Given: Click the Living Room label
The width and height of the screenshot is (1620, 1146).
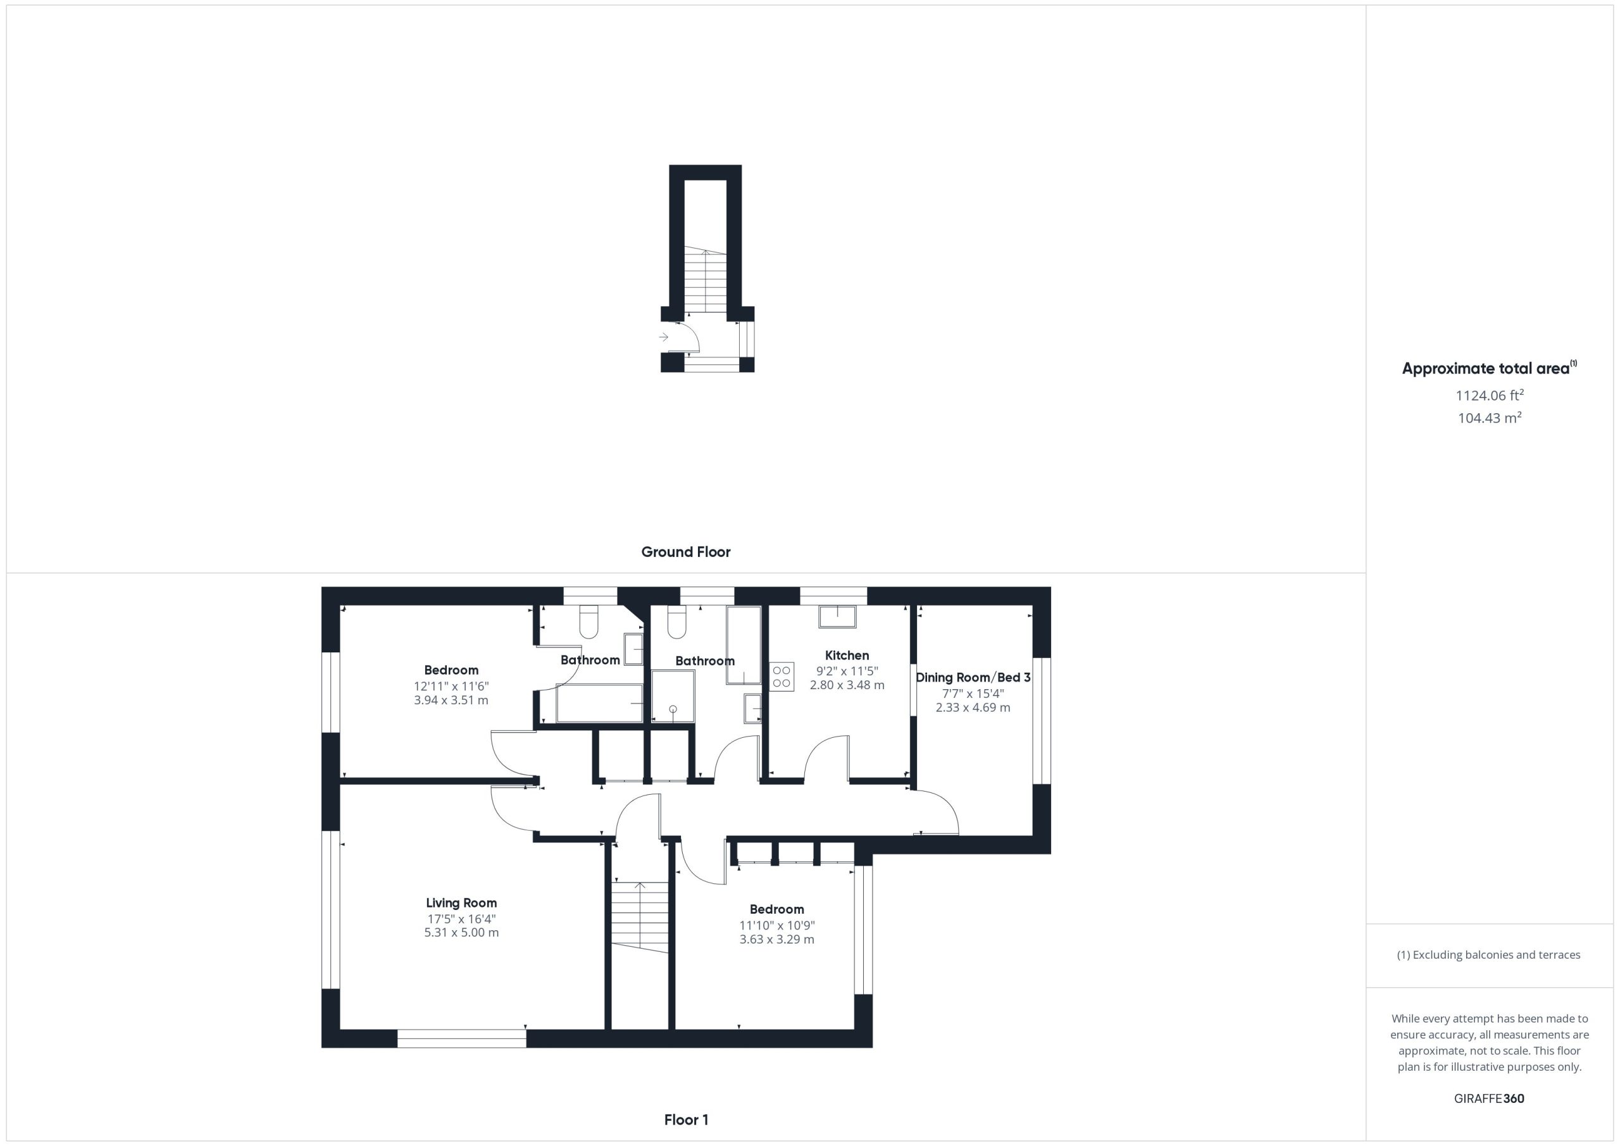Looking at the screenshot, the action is coord(461,902).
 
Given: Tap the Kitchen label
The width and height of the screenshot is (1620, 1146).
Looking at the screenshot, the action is coord(847,656).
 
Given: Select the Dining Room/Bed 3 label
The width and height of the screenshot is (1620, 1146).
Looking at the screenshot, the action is coord(973,678).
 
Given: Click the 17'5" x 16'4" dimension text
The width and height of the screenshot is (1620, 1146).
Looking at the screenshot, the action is coord(461,919).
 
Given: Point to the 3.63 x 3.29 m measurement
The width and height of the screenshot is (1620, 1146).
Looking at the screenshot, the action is coord(777,939).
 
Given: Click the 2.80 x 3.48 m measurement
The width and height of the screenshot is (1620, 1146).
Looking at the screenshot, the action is coord(847,685).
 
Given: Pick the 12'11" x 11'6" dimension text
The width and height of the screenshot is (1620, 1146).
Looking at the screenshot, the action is coord(451,686).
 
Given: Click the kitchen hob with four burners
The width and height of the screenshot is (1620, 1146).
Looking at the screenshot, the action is coord(781,676).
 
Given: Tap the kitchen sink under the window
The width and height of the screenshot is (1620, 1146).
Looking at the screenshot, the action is coord(837,617).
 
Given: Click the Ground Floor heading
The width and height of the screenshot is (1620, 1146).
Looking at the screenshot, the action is coord(686,552).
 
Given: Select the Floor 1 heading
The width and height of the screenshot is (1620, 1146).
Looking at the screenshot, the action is coord(686,1119).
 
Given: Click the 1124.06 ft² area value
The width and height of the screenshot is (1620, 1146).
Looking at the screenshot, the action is coord(1490,395).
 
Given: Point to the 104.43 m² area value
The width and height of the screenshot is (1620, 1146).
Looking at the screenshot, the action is coord(1490,418).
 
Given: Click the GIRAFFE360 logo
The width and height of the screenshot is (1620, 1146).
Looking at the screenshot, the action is coord(1489,1098).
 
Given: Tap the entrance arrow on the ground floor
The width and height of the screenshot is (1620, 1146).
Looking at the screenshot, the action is coord(663,337).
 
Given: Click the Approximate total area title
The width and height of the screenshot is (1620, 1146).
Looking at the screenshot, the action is coord(1490,368).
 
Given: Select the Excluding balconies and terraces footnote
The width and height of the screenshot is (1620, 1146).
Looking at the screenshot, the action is coord(1489,955).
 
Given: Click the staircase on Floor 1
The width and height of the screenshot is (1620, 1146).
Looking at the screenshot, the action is coord(639,917).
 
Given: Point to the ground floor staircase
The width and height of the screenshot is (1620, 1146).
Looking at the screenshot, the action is coord(706,280).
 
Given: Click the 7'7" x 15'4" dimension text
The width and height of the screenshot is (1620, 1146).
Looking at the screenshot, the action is coord(973,694).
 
